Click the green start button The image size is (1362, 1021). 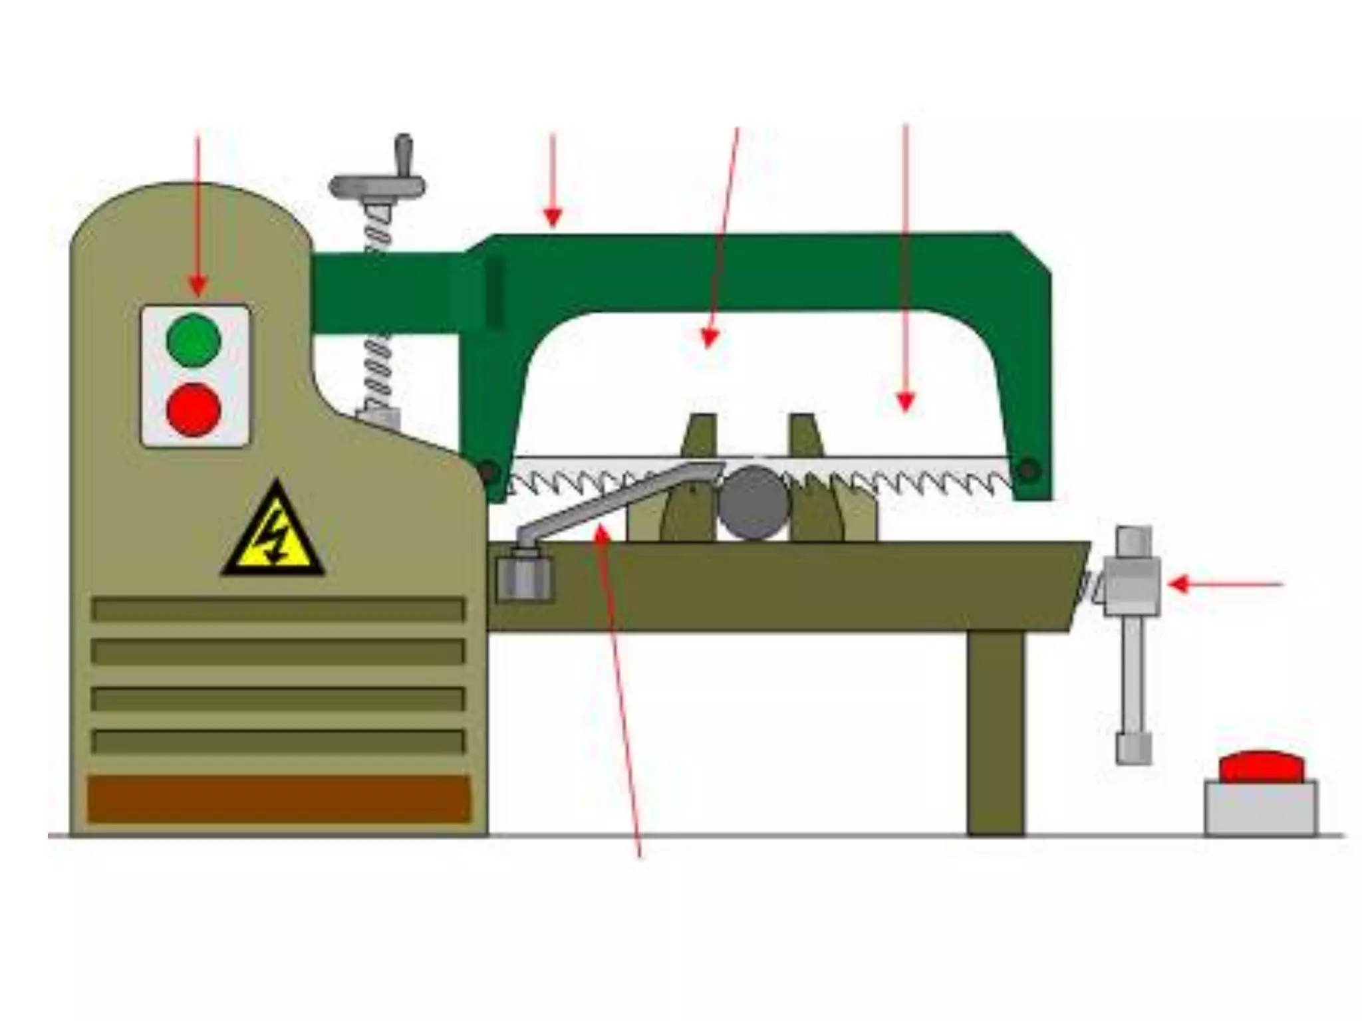coord(193,340)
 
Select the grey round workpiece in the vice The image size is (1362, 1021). coord(753,503)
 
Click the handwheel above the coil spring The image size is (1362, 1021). coord(378,187)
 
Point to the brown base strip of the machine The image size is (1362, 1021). coord(278,798)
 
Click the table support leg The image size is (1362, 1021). coord(996,731)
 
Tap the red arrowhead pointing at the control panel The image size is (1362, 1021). coord(198,287)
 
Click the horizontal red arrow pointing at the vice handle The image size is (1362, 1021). coord(1224,585)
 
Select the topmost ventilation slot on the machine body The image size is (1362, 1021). coord(278,610)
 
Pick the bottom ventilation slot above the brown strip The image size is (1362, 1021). coord(278,742)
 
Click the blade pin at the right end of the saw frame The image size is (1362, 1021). coord(1028,470)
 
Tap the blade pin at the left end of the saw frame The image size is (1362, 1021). coord(488,473)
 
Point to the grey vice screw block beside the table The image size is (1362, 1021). coord(1132,585)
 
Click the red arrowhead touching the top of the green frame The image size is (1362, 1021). coord(553,218)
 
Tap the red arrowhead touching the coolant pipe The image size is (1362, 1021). coord(601,531)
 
